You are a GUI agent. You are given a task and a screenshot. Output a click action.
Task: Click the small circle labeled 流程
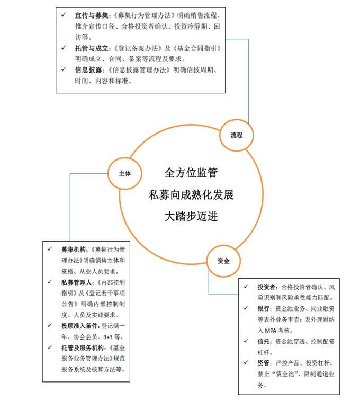[236, 135]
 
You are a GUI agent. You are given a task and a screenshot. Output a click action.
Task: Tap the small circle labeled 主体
[125, 173]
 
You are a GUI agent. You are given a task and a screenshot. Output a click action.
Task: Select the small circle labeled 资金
[223, 261]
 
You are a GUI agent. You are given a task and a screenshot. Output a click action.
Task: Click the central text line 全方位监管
[191, 173]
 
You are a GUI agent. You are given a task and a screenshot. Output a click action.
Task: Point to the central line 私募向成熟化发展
[191, 194]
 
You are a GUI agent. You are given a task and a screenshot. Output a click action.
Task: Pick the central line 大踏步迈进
[191, 216]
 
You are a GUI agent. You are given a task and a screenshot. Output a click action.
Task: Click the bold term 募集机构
[74, 249]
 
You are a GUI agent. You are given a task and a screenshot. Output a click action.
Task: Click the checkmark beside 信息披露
[64, 70]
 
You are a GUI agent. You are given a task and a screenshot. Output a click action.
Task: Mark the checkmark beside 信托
[246, 341]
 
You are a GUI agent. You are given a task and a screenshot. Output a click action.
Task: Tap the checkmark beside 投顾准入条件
[50, 326]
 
